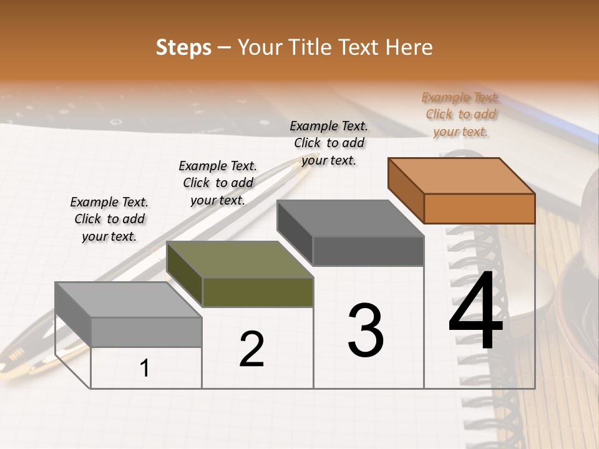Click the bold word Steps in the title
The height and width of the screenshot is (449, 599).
click(183, 47)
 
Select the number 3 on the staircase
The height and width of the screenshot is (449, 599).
click(365, 331)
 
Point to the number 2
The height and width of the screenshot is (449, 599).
click(251, 349)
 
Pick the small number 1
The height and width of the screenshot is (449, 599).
click(145, 369)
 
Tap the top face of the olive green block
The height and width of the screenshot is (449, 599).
click(240, 259)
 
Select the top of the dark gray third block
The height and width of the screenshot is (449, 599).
click(351, 218)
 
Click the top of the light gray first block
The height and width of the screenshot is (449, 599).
click(129, 300)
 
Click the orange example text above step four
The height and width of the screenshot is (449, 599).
click(460, 114)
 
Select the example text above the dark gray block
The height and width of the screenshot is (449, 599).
click(329, 143)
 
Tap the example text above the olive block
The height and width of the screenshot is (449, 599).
click(218, 183)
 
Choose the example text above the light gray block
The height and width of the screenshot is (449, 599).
click(109, 219)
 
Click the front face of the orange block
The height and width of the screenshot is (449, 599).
click(479, 208)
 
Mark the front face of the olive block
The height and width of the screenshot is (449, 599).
click(258, 292)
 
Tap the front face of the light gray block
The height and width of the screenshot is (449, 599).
click(147, 332)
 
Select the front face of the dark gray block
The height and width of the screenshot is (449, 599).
click(368, 251)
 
